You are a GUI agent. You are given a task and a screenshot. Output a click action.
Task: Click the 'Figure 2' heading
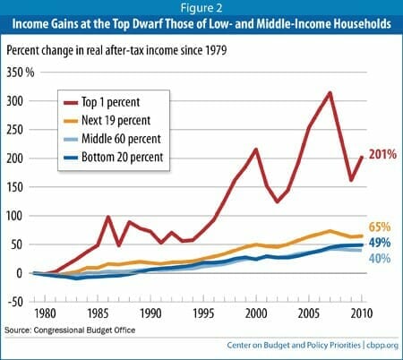(x=201, y=10)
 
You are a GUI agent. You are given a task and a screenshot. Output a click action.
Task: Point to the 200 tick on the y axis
(x=13, y=159)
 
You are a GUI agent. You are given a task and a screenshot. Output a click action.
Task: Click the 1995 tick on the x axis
(x=204, y=313)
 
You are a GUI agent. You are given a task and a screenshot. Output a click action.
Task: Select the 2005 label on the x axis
(x=309, y=313)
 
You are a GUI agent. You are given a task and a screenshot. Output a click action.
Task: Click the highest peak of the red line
(x=330, y=92)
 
